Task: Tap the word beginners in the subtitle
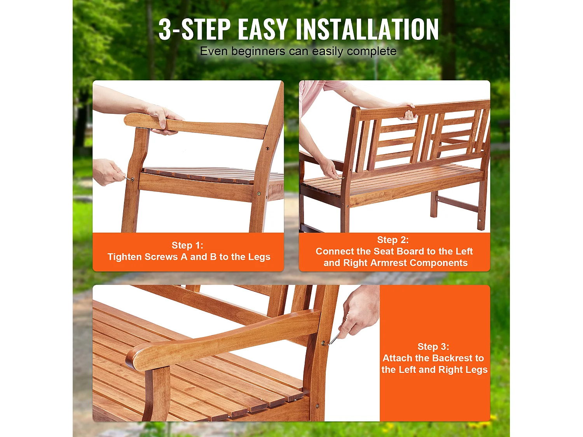click(258, 51)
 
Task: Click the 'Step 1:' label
click(187, 245)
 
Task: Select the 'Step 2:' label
click(393, 240)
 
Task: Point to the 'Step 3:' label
click(433, 346)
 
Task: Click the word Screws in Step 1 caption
click(161, 257)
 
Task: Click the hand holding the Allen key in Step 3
click(360, 313)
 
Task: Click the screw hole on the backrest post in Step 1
click(267, 148)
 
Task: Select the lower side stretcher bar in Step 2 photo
click(457, 204)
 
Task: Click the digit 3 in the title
click(165, 30)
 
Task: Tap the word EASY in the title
click(262, 30)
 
